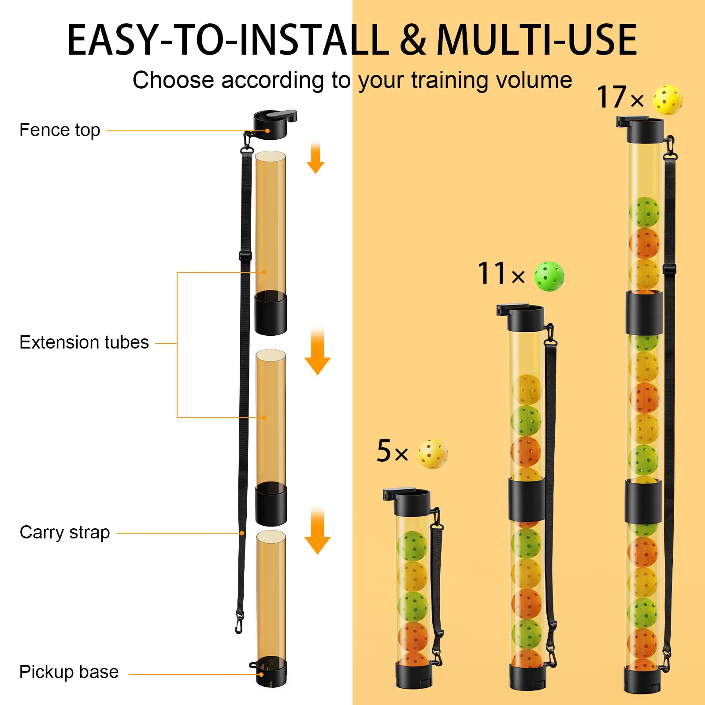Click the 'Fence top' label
(x=59, y=130)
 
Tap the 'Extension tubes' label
(x=84, y=343)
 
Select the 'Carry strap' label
(x=64, y=533)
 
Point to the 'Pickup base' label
(x=69, y=672)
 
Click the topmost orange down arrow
(x=315, y=159)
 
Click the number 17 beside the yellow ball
(x=612, y=97)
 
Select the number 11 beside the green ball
(x=492, y=274)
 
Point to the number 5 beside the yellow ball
(x=384, y=451)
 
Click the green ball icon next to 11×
(x=549, y=276)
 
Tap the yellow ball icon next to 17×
(x=668, y=100)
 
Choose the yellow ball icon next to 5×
(x=433, y=453)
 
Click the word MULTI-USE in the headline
(x=537, y=41)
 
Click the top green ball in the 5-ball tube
(x=412, y=545)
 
